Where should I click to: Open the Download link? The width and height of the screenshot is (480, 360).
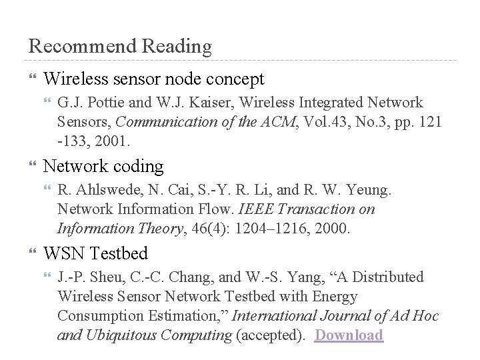click(349, 335)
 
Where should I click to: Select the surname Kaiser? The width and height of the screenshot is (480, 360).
click(208, 103)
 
